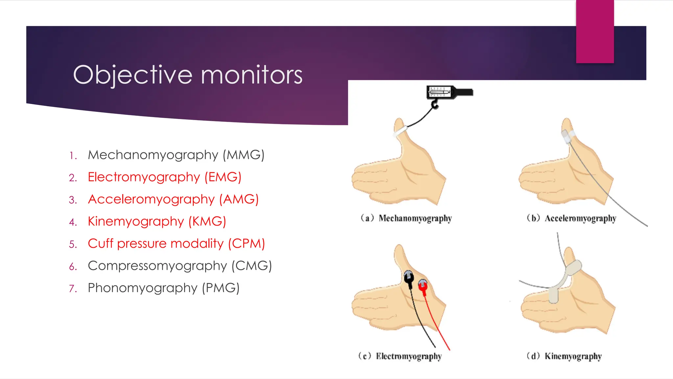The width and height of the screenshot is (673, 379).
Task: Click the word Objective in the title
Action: (x=132, y=75)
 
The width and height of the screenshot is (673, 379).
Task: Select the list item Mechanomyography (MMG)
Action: (x=176, y=155)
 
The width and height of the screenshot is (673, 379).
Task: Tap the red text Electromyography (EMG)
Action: (x=164, y=177)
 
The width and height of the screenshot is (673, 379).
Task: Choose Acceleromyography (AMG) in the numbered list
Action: (x=173, y=199)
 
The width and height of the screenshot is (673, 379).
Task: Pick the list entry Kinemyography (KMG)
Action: (x=157, y=221)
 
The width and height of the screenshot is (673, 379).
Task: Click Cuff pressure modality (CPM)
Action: (x=176, y=244)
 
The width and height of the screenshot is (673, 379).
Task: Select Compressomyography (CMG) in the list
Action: (x=180, y=266)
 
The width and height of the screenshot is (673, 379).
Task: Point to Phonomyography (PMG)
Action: (x=163, y=288)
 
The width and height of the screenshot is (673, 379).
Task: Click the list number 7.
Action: (x=73, y=289)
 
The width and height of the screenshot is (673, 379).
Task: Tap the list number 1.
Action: (x=73, y=156)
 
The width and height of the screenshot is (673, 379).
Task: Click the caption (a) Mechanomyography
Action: (x=406, y=218)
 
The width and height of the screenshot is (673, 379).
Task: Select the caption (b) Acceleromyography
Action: (x=571, y=218)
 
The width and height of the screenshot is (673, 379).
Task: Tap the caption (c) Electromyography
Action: (x=400, y=356)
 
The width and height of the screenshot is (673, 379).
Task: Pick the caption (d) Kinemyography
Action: (x=564, y=356)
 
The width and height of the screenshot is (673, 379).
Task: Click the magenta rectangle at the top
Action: (x=595, y=31)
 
